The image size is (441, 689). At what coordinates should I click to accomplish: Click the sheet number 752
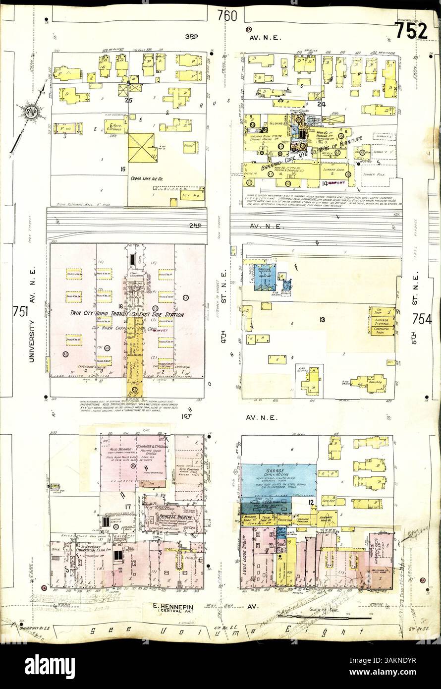pyautogui.click(x=411, y=30)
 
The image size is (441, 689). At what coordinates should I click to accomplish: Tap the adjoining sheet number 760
pyautogui.click(x=226, y=16)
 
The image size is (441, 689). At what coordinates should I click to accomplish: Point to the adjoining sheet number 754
pyautogui.click(x=421, y=319)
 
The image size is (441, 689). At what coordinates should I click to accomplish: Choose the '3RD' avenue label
pyautogui.click(x=191, y=37)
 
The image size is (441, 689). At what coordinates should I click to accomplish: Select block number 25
pyautogui.click(x=129, y=100)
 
